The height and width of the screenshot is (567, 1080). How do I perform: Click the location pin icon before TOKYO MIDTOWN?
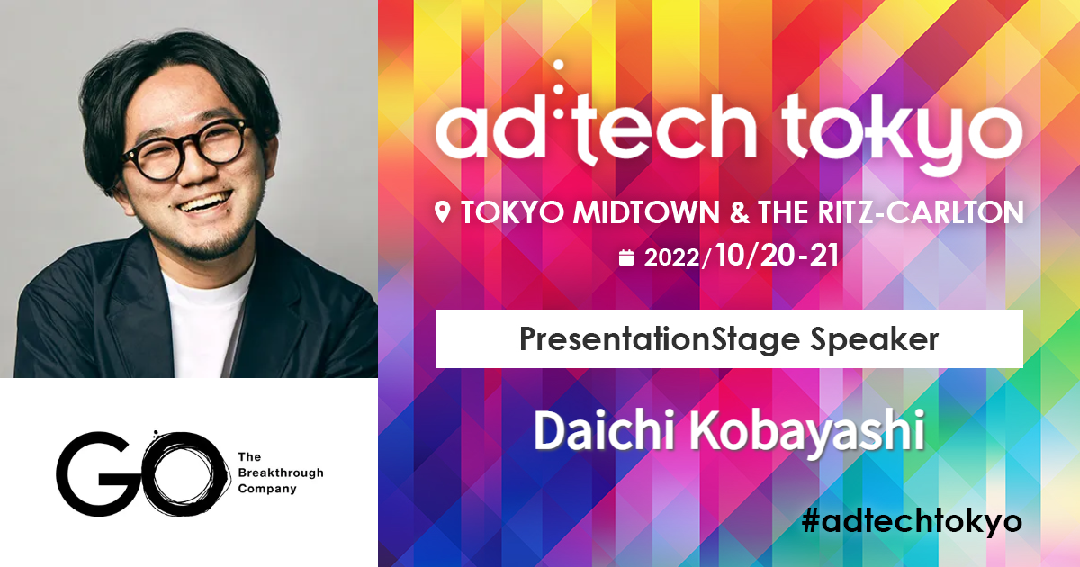pos(442,213)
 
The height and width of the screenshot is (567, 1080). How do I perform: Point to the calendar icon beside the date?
pos(627,258)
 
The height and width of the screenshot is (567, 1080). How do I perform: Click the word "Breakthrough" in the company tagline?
pos(281,473)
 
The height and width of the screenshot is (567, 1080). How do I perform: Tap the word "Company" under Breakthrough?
pos(267,490)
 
